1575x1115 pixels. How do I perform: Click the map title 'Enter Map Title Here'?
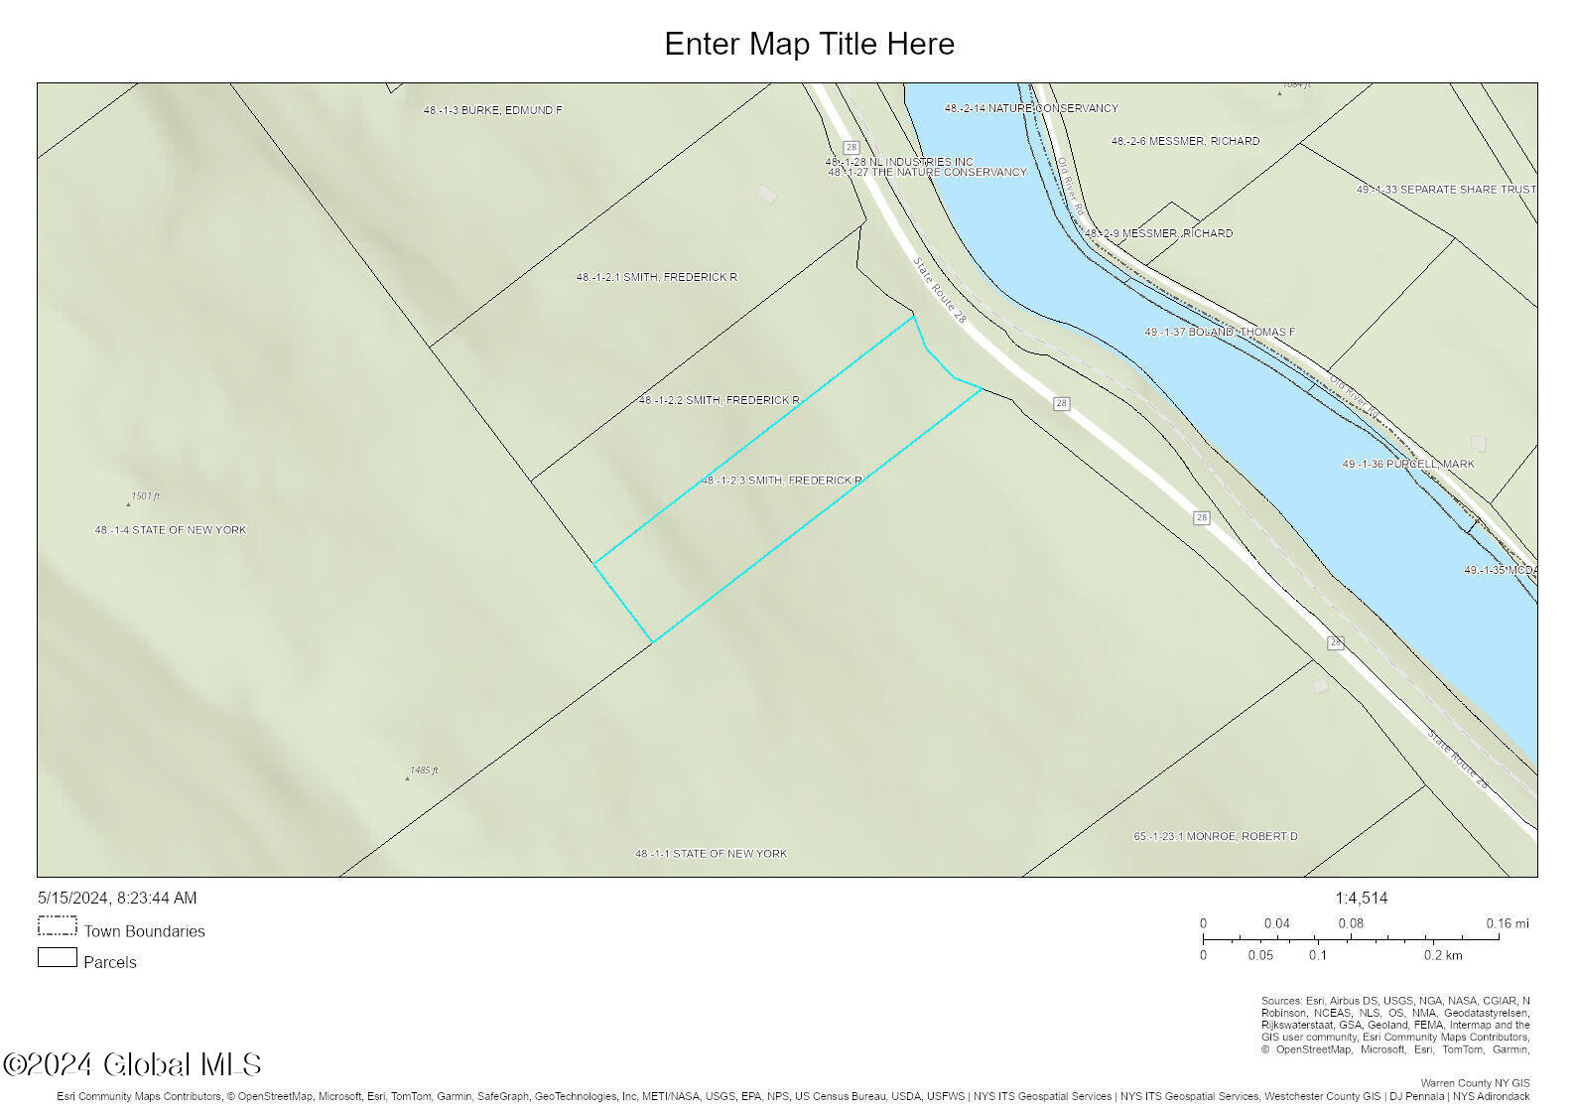[809, 44]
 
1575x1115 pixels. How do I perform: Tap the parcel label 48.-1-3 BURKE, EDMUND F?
[492, 110]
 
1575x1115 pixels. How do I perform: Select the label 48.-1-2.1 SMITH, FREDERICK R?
[656, 277]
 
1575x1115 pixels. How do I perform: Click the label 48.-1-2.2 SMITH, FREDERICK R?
[719, 400]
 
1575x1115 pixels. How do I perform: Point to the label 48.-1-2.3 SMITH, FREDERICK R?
[781, 481]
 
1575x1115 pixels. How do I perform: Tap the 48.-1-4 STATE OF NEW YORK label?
[170, 530]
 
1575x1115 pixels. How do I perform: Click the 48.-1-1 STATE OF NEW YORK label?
[711, 854]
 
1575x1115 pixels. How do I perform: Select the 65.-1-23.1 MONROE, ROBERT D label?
[1215, 836]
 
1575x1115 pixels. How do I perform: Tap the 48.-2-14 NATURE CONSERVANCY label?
[1030, 108]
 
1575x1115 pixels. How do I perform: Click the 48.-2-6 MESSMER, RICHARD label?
[1185, 141]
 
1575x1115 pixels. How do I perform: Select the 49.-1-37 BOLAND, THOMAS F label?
[1219, 332]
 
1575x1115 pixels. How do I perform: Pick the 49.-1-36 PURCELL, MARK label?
[1407, 464]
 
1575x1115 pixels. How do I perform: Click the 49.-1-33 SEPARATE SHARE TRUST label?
[1445, 190]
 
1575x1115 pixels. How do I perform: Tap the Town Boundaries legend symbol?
[57, 926]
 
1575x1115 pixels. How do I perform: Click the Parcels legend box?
[57, 958]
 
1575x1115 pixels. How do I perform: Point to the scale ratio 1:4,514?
[1361, 898]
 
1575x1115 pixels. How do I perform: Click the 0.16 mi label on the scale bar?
[1507, 923]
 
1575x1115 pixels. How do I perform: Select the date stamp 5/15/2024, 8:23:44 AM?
[117, 898]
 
